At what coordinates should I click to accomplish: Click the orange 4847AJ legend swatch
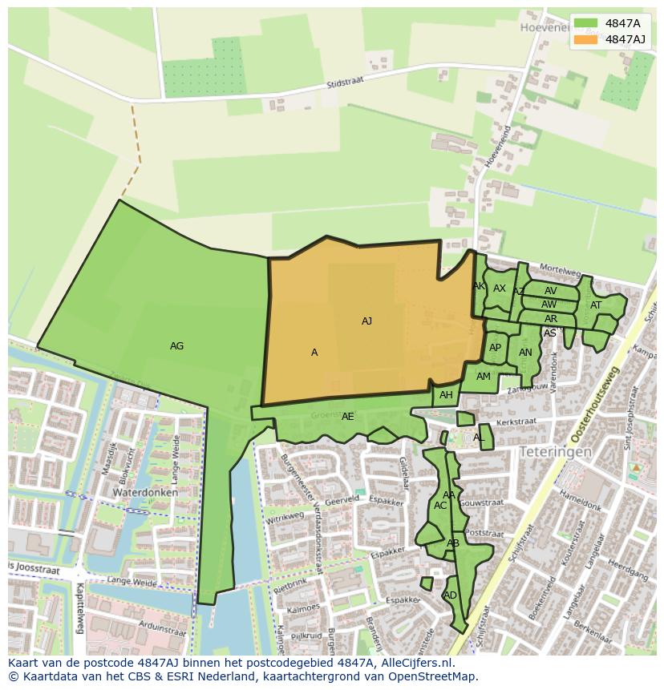tap(585, 39)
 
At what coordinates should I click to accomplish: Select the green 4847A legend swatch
tap(585, 23)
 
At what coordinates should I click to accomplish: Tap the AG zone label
tap(176, 346)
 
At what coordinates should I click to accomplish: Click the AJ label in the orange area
tap(366, 321)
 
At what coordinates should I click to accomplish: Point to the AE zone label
tap(347, 417)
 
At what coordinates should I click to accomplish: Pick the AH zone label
tap(446, 395)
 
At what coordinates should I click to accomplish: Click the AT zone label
tap(596, 305)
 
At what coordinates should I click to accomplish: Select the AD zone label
tap(450, 595)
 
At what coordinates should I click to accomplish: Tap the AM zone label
tap(483, 377)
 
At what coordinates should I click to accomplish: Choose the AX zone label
tap(500, 289)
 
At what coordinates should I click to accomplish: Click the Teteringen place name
tap(555, 452)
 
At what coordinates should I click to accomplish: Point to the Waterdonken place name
tap(144, 492)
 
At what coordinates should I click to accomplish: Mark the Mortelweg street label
tap(560, 269)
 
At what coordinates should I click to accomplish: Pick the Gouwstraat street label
tap(484, 503)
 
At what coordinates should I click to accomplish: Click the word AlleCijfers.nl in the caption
tap(415, 664)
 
